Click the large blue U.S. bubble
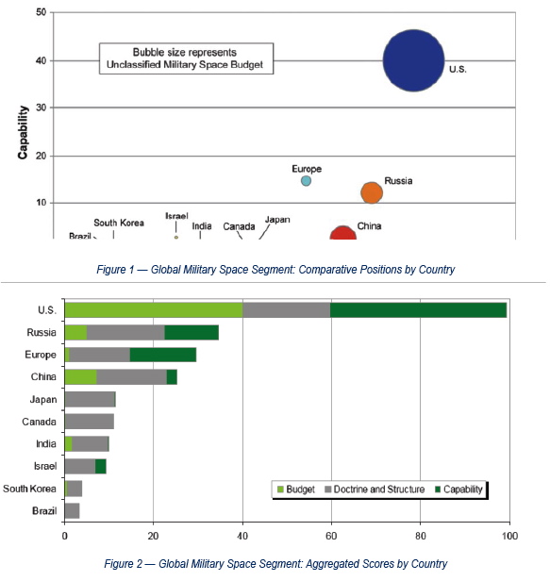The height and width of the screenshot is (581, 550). tap(413, 60)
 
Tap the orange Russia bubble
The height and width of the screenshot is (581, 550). tap(372, 192)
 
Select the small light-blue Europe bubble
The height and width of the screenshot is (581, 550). tap(306, 181)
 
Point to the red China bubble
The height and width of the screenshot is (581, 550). tap(342, 234)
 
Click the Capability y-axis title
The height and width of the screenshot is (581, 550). tap(23, 132)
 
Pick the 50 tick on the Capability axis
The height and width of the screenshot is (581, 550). tap(42, 12)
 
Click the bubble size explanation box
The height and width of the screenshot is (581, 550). tap(186, 58)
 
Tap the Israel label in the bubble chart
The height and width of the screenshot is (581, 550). tap(176, 216)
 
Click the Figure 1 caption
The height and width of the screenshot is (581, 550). tap(275, 269)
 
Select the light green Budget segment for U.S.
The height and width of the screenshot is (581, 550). tap(154, 309)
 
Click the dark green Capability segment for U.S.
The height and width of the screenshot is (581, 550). tap(418, 309)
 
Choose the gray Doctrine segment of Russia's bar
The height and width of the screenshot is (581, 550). tap(125, 332)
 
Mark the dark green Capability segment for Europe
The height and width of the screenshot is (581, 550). tap(163, 355)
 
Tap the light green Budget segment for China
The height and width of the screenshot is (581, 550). tap(81, 377)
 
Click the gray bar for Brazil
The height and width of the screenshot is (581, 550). tap(72, 511)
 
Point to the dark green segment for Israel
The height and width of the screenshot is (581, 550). tap(101, 466)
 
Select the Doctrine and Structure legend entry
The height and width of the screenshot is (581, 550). tap(375, 490)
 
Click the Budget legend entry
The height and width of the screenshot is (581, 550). tap(296, 490)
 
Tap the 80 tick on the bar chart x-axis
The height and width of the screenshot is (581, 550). tap(421, 536)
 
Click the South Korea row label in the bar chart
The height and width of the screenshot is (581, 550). tap(29, 489)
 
